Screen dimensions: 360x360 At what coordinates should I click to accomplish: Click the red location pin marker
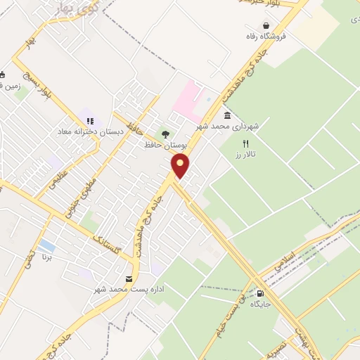[x=181, y=166]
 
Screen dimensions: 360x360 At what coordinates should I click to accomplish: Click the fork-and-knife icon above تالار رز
[x=245, y=143]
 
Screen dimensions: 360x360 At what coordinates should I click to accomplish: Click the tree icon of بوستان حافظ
[x=165, y=134]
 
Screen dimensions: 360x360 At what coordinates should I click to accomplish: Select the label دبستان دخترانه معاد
[x=91, y=131]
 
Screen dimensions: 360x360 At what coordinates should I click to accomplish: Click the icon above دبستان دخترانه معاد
[x=90, y=121]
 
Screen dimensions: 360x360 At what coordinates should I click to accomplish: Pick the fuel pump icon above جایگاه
[x=261, y=294]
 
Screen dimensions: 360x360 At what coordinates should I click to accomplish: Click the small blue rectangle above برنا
[x=46, y=246]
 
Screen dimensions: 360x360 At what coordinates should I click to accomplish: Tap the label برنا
[x=46, y=259]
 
